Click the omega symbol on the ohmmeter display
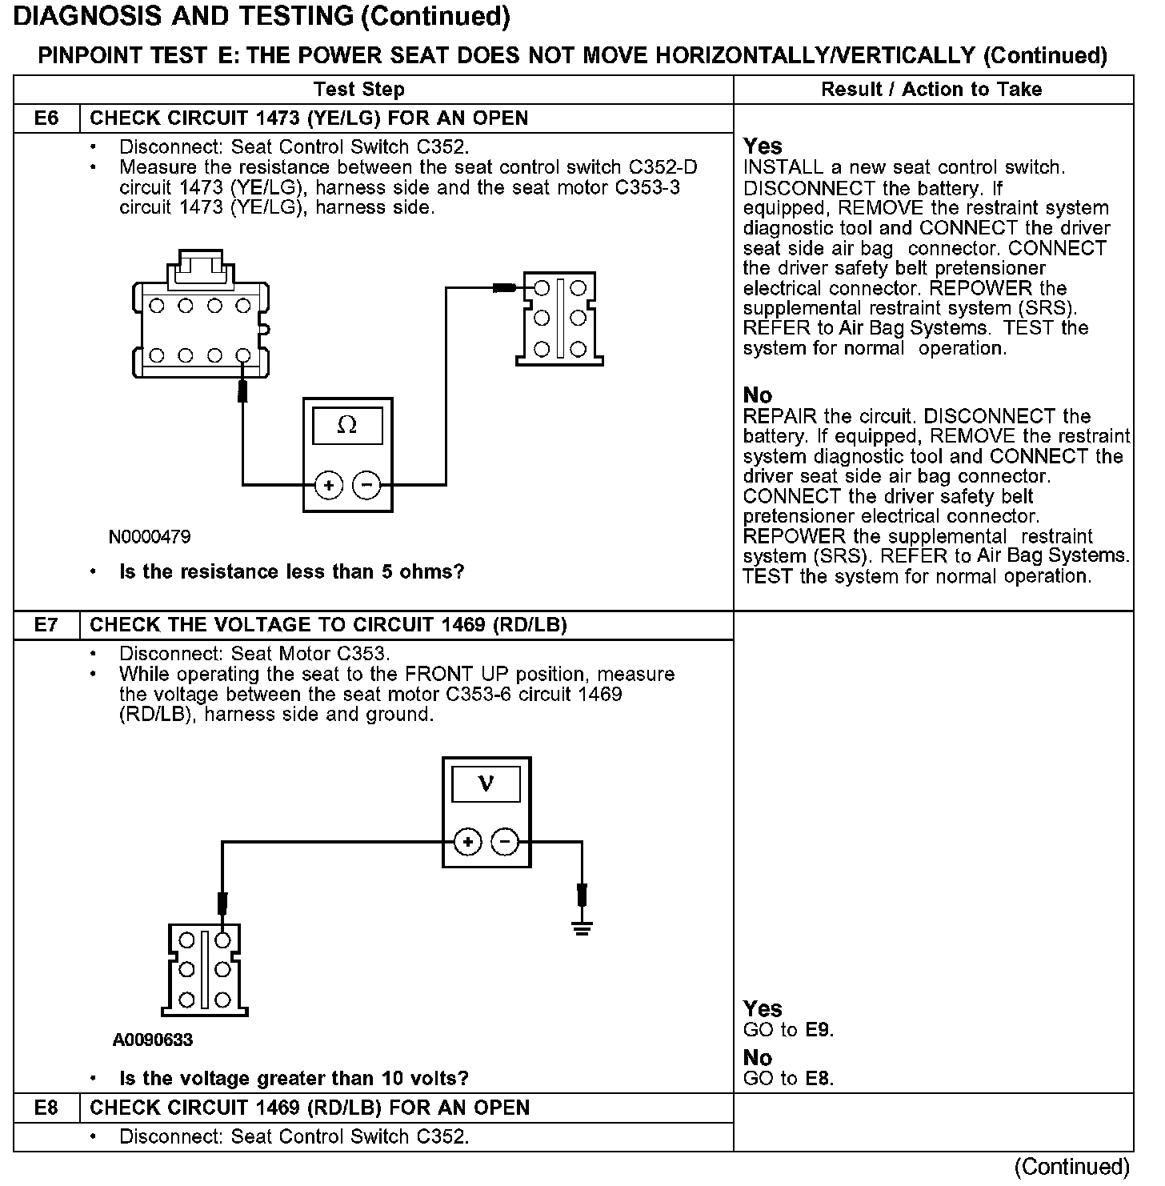tap(347, 425)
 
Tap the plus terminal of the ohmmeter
tap(328, 485)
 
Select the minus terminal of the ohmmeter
tap(366, 485)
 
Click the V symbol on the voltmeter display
tap(486, 783)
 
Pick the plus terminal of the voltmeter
tap(467, 842)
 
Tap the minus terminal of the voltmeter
tap(504, 842)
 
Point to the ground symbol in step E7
tap(582, 928)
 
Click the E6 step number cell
tap(46, 118)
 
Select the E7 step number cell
tap(46, 625)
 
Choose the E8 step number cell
tap(46, 1108)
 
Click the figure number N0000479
tap(150, 537)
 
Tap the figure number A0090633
tap(153, 1040)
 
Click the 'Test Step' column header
tap(358, 90)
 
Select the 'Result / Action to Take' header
tap(931, 90)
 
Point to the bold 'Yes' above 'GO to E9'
tap(762, 1008)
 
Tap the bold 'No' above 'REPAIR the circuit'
tap(757, 395)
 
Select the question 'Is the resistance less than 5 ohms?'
tap(291, 572)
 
